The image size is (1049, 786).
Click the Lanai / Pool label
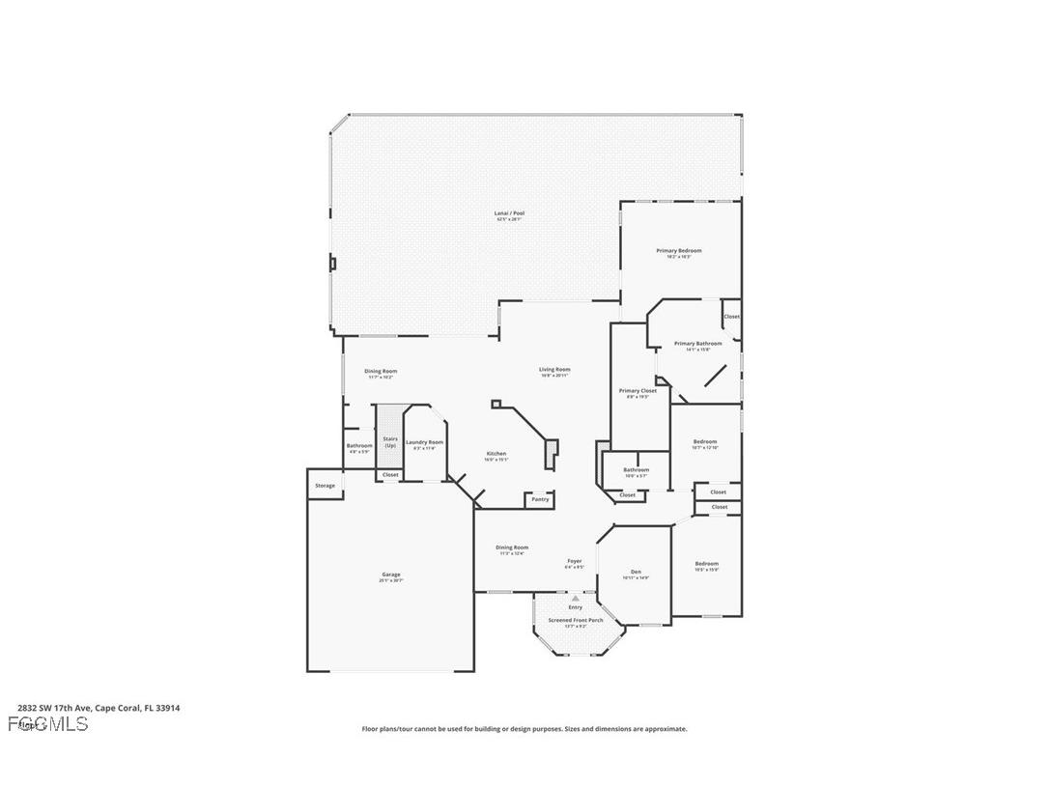point(509,213)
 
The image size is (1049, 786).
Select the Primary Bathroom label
point(697,344)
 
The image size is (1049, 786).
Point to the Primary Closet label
point(638,391)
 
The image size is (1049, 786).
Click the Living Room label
point(554,370)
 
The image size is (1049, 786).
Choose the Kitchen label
point(496,454)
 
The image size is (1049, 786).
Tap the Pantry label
point(540,499)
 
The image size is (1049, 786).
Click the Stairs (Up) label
point(390,442)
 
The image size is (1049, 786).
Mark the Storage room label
point(326,486)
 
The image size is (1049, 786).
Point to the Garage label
point(390,575)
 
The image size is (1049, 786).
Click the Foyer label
point(574,561)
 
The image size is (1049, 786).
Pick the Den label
point(636,573)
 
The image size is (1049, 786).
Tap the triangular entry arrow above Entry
point(576,599)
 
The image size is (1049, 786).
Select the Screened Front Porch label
point(576,620)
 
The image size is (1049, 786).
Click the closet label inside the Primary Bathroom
point(731,317)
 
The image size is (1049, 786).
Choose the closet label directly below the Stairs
point(390,475)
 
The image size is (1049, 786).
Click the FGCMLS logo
point(47,723)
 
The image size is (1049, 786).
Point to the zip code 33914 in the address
point(168,708)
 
